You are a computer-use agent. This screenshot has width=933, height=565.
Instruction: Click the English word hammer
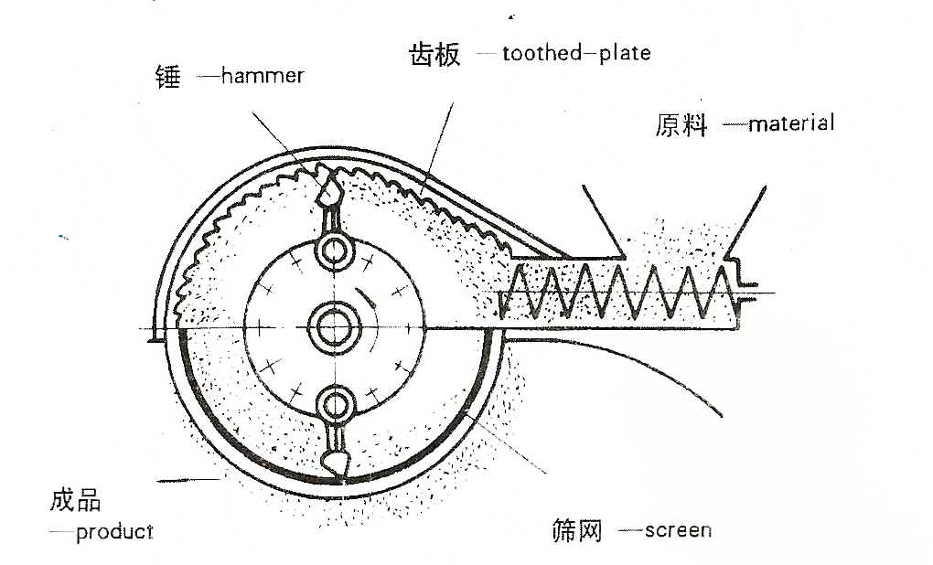tap(263, 76)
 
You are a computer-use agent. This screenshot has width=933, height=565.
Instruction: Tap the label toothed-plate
tap(577, 52)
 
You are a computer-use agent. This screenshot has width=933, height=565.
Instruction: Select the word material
tap(791, 123)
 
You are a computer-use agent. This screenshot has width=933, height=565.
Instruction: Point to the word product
tap(114, 532)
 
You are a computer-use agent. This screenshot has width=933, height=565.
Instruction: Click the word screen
tap(678, 530)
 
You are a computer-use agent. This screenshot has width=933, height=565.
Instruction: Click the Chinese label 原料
tap(681, 124)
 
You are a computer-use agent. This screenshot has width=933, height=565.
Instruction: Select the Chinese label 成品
tap(75, 500)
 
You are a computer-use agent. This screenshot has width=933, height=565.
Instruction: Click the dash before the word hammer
tap(209, 77)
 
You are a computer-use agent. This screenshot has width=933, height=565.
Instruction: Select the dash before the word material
tap(735, 123)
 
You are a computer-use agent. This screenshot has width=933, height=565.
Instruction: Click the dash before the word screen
tap(630, 530)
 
